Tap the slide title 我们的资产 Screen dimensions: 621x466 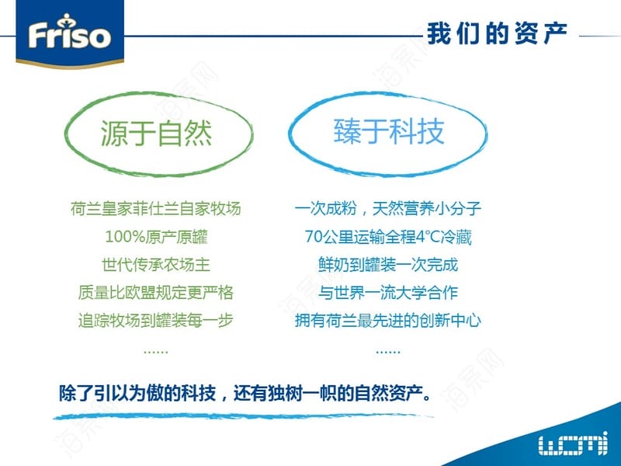pyautogui.click(x=497, y=33)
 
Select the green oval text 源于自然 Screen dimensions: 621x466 pyautogui.click(x=157, y=133)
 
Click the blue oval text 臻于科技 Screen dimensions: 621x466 pyautogui.click(x=389, y=131)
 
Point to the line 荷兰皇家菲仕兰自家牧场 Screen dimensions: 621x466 pyautogui.click(x=156, y=208)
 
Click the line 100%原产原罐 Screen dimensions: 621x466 pyautogui.click(x=156, y=237)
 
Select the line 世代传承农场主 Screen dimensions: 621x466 pyautogui.click(x=156, y=265)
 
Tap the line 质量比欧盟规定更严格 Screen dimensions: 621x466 pyautogui.click(x=156, y=293)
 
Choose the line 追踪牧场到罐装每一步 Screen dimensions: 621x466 pyautogui.click(x=156, y=320)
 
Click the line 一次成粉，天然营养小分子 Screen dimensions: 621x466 pyautogui.click(x=388, y=208)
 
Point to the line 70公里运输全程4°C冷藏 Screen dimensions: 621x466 pyautogui.click(x=388, y=237)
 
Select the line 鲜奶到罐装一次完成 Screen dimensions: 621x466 pyautogui.click(x=388, y=265)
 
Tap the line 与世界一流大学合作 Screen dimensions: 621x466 pyautogui.click(x=388, y=293)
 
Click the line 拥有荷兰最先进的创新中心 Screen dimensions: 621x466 pyautogui.click(x=388, y=320)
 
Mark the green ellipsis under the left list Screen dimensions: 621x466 pyautogui.click(x=156, y=351)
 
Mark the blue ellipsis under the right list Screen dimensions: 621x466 pyautogui.click(x=388, y=351)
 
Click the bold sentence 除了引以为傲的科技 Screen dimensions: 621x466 pyautogui.click(x=137, y=393)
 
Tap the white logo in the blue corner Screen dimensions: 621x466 pyautogui.click(x=573, y=443)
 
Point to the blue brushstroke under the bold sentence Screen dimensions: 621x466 pyautogui.click(x=243, y=416)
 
